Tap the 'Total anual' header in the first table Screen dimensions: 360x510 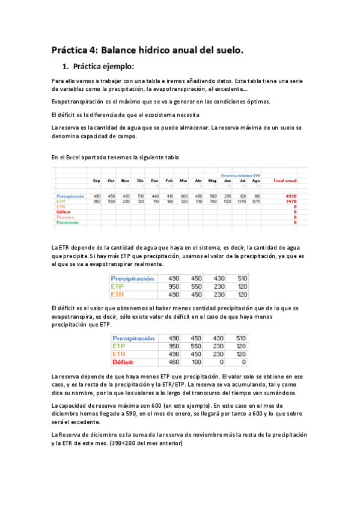284,180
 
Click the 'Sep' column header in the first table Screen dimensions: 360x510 96,180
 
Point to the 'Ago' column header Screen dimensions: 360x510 257,180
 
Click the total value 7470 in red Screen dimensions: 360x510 291,201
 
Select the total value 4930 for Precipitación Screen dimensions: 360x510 291,196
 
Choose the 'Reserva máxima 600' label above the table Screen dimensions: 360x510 240,174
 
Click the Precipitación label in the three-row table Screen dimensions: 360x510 132,279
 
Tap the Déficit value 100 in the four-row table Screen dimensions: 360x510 197,362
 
